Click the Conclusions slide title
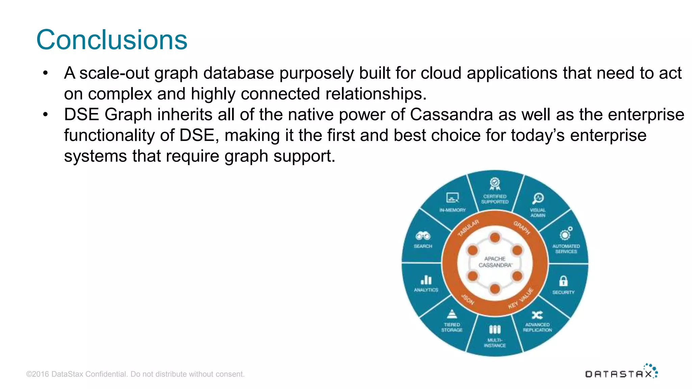(112, 40)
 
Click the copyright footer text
(135, 374)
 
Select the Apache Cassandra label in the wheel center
(495, 262)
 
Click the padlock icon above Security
(563, 281)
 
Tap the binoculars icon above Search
(423, 236)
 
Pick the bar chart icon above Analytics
(426, 280)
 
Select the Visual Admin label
(538, 212)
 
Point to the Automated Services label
(566, 249)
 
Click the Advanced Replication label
(537, 327)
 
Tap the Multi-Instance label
(495, 343)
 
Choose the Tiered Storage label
(452, 327)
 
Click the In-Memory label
(452, 210)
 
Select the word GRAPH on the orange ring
(522, 228)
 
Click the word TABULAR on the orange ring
(468, 228)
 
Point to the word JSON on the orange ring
(468, 299)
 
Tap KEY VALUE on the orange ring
(520, 299)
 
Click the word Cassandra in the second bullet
(451, 115)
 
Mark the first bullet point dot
(46, 73)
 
